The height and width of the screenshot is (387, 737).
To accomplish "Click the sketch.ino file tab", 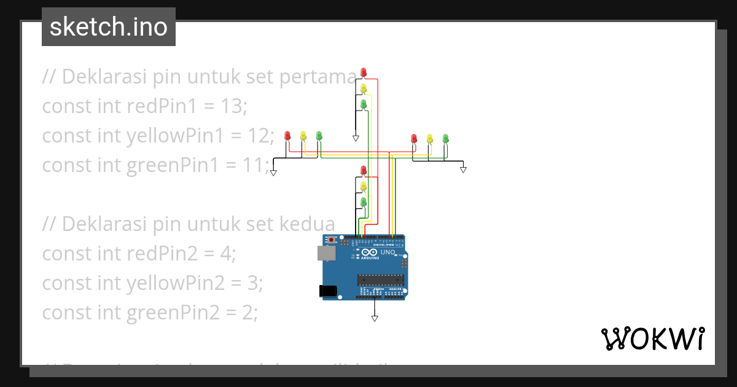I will (x=109, y=27).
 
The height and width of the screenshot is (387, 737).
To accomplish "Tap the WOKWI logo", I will (x=652, y=338).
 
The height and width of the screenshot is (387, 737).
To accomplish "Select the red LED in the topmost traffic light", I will (x=364, y=72).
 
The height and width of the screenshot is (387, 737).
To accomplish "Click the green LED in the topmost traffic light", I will (x=364, y=104).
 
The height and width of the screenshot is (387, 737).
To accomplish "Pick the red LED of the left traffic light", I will (x=287, y=136).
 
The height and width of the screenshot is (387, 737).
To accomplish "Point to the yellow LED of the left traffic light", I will (x=303, y=136).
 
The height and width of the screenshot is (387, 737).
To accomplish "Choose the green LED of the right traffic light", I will (x=446, y=139).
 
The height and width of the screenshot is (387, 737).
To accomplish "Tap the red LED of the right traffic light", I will (x=414, y=139).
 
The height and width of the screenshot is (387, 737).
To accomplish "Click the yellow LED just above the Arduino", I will (x=364, y=186).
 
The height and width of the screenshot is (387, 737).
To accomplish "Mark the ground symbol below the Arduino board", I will (x=374, y=318).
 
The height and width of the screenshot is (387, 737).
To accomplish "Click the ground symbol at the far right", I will (x=464, y=170).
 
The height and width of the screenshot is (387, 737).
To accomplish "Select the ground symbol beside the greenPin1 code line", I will (x=273, y=172).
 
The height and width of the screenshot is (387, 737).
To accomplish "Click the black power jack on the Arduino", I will (x=329, y=292).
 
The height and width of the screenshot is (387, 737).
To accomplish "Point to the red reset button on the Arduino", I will (x=332, y=239).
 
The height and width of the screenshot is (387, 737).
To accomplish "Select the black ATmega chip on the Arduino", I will (x=380, y=280).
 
